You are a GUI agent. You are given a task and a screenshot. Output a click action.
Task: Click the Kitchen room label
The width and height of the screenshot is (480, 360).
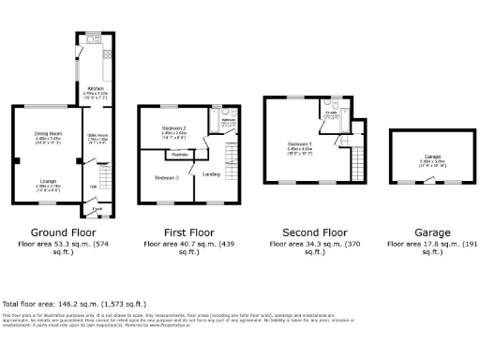(95, 89)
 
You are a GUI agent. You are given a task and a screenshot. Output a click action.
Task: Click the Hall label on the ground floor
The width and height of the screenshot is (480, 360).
(94, 186)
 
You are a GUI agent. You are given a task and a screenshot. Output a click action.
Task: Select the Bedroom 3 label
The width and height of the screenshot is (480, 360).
(166, 176)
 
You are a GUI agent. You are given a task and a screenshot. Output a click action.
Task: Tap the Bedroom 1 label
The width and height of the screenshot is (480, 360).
(298, 143)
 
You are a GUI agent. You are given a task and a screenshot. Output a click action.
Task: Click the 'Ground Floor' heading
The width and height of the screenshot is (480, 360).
(61, 232)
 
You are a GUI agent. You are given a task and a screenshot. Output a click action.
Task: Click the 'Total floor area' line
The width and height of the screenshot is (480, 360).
(74, 305)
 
